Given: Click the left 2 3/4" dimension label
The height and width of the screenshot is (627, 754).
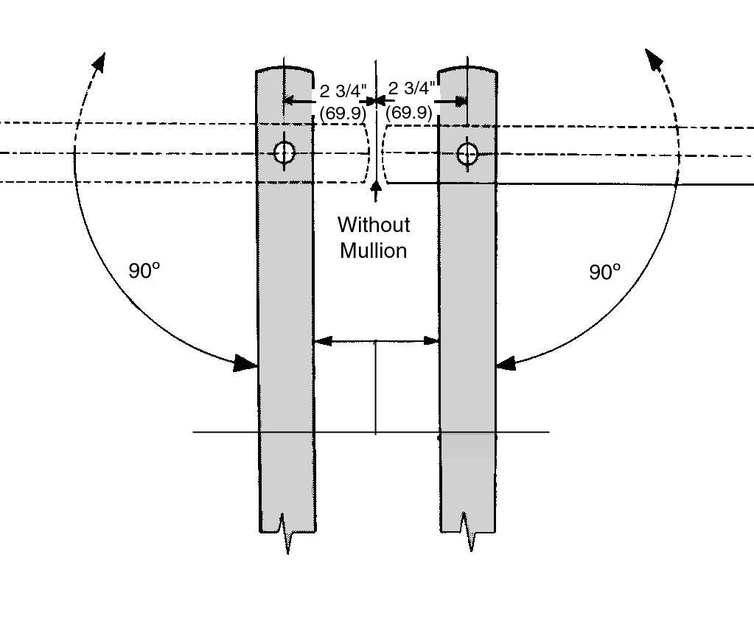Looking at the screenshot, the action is click(343, 91).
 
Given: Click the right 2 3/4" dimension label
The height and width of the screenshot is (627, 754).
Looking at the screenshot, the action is click(411, 88).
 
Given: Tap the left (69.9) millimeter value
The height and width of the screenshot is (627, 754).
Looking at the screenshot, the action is click(343, 113).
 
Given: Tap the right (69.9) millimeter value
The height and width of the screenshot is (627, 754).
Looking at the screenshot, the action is click(409, 113).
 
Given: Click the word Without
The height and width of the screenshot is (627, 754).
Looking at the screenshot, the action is click(374, 225).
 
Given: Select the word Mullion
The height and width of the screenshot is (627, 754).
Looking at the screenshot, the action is click(374, 251).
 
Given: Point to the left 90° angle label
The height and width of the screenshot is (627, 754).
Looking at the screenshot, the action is click(144, 270).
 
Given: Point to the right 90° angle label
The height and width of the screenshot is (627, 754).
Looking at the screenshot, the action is click(605, 272).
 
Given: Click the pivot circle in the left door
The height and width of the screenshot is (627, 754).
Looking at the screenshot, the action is click(285, 153).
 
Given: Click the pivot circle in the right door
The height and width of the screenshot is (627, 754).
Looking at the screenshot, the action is click(467, 154).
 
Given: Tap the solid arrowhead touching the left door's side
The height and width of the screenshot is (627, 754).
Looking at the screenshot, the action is click(245, 363).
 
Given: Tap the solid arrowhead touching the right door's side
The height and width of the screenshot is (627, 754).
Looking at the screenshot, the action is click(506, 363).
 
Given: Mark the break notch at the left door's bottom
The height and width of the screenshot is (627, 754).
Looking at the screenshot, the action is click(286, 533).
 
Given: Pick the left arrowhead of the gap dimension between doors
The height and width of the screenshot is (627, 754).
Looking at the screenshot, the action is click(323, 341).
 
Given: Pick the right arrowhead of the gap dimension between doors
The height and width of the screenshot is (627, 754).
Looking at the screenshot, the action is click(430, 341).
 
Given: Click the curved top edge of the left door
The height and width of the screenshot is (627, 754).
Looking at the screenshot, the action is click(285, 67).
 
